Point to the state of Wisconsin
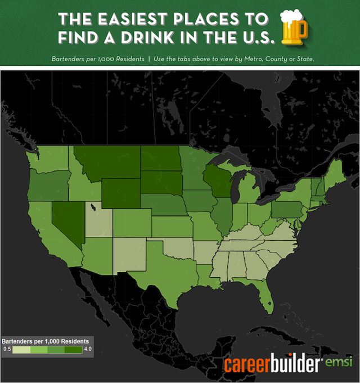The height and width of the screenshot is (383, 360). coord(215,180)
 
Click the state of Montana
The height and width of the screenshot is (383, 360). coord(107,160)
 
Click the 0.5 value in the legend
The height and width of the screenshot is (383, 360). coord(7,349)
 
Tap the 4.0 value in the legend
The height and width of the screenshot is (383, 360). coord(87,349)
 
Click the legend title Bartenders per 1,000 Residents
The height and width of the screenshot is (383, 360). coord(45,341)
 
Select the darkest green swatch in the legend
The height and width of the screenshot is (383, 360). coord(74,349)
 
